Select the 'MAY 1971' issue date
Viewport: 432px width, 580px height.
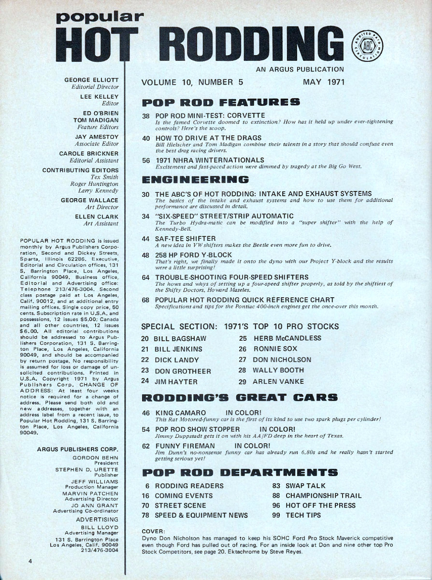323,82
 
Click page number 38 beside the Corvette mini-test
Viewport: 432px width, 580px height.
146,116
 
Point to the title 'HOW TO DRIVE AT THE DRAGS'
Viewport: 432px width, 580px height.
208,138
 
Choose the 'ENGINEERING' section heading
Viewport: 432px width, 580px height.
195,179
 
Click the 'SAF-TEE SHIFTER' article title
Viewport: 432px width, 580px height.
186,238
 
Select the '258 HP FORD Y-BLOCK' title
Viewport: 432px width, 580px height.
194,255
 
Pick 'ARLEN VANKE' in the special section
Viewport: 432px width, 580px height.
278,381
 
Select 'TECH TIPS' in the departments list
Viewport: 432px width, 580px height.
303,515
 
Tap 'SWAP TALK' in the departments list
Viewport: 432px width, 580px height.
305,485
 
